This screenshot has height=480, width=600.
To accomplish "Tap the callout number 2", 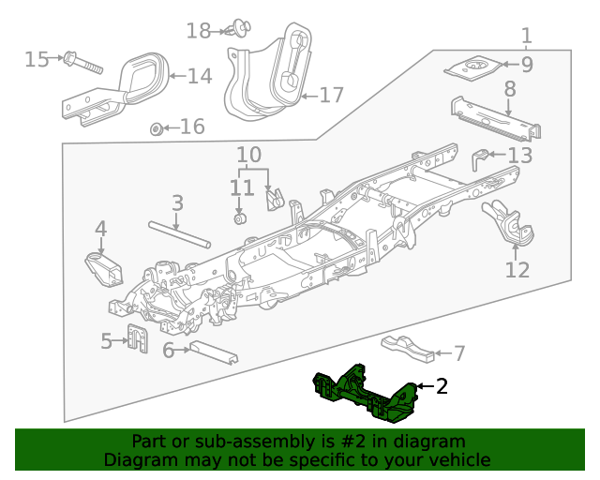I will (442, 385).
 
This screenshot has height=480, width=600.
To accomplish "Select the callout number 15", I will (36, 60).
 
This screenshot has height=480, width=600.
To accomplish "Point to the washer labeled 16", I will (157, 127).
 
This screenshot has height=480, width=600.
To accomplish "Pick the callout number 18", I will (198, 31).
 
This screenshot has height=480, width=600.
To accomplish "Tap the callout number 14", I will (199, 76).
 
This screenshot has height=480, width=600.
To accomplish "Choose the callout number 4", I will (99, 228).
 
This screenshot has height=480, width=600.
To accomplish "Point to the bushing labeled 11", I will (239, 219).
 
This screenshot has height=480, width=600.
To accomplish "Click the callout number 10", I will (248, 154).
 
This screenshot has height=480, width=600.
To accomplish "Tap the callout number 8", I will (509, 89).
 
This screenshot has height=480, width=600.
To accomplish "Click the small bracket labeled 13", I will (480, 158).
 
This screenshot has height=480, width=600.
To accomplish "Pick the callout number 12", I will (517, 270).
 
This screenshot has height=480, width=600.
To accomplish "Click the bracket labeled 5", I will (137, 337).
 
